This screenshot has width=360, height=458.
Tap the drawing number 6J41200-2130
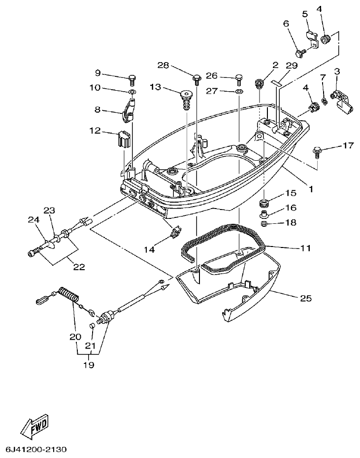[x=35, y=450]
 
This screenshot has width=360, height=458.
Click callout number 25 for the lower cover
[x=306, y=298]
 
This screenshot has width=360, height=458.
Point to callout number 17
[x=348, y=145]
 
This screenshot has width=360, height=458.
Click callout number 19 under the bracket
[x=89, y=365]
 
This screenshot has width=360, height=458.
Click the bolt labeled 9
[x=132, y=77]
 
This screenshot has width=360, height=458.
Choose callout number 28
[x=163, y=66]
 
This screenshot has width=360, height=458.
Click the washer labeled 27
[x=238, y=91]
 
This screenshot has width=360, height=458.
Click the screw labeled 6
[x=299, y=52]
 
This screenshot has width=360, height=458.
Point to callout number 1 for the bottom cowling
[x=311, y=188]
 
